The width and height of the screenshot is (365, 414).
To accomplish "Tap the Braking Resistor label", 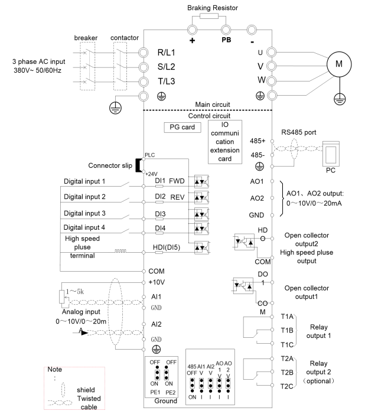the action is coord(213,8).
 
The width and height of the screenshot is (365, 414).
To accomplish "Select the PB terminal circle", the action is coord(226,30).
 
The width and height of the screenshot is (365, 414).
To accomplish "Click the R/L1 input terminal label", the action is coord(166,53).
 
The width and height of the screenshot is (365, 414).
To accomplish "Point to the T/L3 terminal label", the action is coord(167,82).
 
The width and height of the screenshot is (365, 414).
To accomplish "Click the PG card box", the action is coord(182,127).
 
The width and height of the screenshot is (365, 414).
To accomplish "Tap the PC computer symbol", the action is coord(331,154).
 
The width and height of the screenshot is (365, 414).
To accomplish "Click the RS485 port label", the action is coord(299,132).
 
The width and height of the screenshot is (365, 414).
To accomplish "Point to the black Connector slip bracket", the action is coord(138,165).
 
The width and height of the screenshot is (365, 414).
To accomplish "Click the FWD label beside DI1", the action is coord(177,181).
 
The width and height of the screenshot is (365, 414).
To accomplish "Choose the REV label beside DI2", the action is coord(177,197).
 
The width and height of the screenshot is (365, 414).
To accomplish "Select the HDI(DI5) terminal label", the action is coord(167,247).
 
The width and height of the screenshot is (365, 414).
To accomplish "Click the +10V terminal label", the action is coord(157,282).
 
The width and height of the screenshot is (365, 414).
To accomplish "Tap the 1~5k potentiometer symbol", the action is coord(62,297).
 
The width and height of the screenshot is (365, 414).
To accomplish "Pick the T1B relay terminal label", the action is coord(287,330).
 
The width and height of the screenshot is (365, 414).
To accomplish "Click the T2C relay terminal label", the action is coord(287,387).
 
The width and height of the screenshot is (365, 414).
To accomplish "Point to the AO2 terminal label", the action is coord(257,198).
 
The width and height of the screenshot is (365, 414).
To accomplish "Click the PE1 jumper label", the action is coord(155,392).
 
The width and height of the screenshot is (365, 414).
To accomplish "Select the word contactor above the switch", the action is coord(125,38).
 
